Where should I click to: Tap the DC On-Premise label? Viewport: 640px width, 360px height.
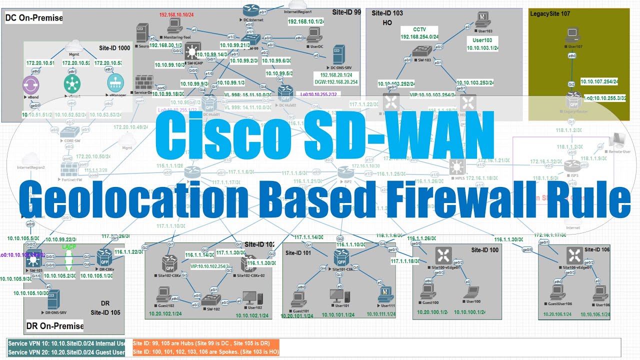point(33,18)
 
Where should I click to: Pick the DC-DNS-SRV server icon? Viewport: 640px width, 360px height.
point(339,54)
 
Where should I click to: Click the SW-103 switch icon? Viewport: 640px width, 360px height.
point(419,51)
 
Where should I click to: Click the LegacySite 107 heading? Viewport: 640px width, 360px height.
point(549,13)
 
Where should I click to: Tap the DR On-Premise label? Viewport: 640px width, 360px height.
point(54,326)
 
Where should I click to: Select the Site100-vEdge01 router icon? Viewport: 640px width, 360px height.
point(442,256)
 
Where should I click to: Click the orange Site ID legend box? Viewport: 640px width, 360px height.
point(205,348)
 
